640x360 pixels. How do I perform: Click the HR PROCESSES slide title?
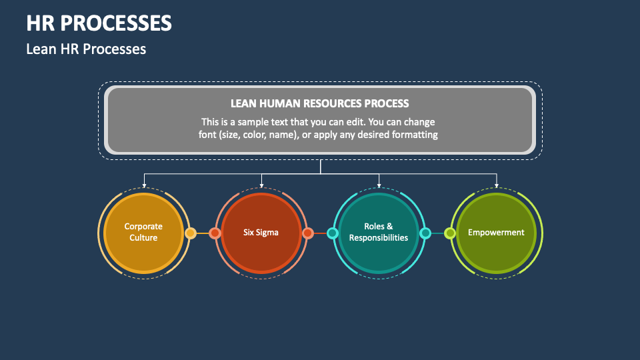pos(99,23)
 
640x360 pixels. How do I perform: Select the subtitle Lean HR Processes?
pos(86,49)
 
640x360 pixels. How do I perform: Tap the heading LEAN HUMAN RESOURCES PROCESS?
pos(319,103)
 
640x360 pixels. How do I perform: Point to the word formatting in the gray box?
pos(413,135)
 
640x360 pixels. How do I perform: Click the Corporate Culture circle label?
pos(143,232)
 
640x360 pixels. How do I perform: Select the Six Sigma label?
pos(261,233)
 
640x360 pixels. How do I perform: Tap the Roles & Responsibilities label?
pos(379,232)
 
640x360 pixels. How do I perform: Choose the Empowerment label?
pos(496,233)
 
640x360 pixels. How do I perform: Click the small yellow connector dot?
pos(190,233)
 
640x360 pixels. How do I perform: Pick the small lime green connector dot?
pos(450,233)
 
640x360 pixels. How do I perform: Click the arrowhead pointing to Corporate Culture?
pos(144,185)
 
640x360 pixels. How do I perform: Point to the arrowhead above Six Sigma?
pos(261,185)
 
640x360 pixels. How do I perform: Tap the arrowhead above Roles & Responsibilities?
pos(379,185)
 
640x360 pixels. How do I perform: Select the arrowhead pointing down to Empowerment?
pos(497,185)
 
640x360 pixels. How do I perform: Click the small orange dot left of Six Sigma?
pos(215,233)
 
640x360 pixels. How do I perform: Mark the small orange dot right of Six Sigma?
pos(308,233)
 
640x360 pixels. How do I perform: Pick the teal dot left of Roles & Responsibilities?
pos(332,233)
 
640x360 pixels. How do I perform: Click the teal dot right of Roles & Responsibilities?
pos(425,233)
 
